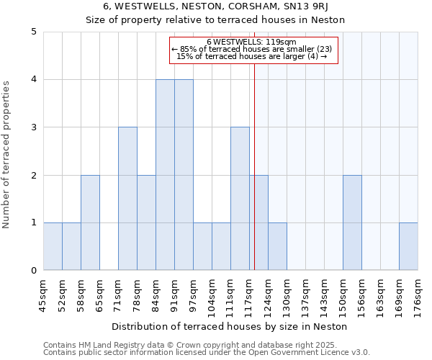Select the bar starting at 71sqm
click(x=127, y=199)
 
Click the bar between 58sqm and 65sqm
click(x=90, y=222)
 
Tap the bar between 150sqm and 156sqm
click(x=352, y=222)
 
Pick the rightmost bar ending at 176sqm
click(x=408, y=246)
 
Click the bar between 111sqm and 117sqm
click(x=240, y=199)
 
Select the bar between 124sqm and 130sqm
click(x=277, y=246)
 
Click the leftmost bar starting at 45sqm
click(x=53, y=246)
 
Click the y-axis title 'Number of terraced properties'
click(x=7, y=155)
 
